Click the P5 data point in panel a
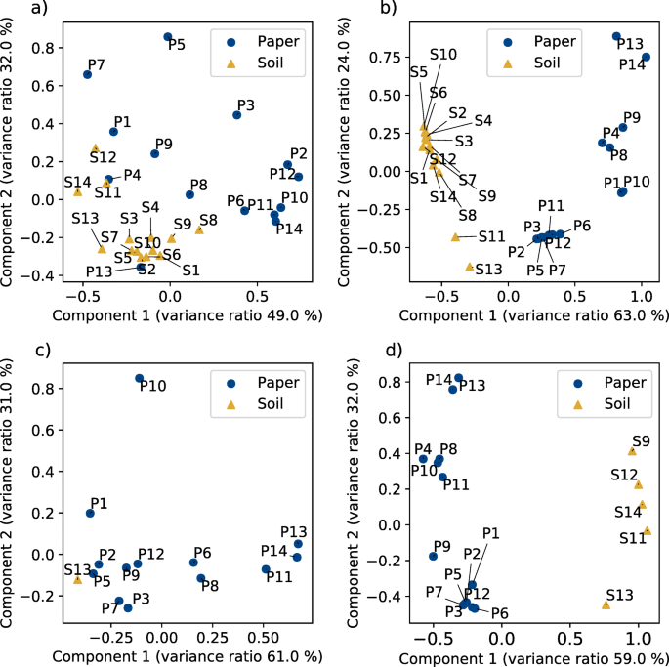tap(167, 37)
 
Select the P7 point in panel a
tap(88, 74)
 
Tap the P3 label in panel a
tap(246, 105)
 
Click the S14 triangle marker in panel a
tap(77, 191)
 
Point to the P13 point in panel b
tap(616, 37)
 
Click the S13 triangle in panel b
tap(470, 266)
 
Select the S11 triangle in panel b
tap(455, 236)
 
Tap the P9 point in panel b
tap(622, 127)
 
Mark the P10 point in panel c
tap(139, 378)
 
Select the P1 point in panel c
tap(90, 513)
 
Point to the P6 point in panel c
tap(193, 563)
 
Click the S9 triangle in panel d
tap(632, 451)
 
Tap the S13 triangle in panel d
tap(606, 604)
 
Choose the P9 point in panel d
tap(434, 556)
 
